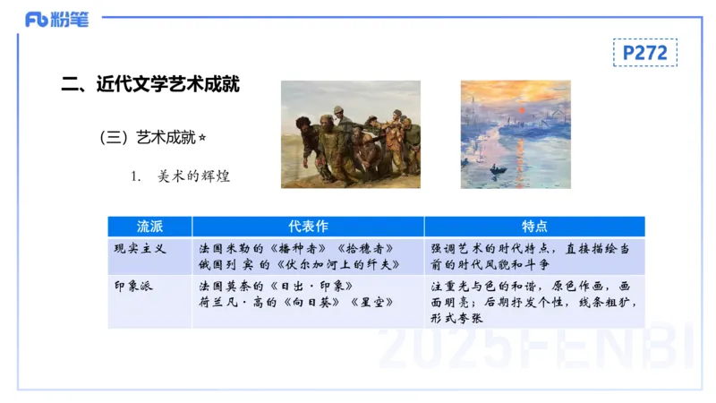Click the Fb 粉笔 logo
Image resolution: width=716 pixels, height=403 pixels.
pos(56,19)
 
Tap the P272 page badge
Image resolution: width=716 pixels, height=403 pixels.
pos(644,53)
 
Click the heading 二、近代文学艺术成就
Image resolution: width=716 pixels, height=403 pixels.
pos(149,86)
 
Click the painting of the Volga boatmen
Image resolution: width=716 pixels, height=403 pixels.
pos(350,134)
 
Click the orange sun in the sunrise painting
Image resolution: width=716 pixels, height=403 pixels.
pos(516,109)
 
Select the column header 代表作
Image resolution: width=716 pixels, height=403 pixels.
pos(308,227)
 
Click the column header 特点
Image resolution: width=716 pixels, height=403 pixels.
pos(534,227)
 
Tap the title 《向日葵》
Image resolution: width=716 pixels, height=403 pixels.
pos(308,304)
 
